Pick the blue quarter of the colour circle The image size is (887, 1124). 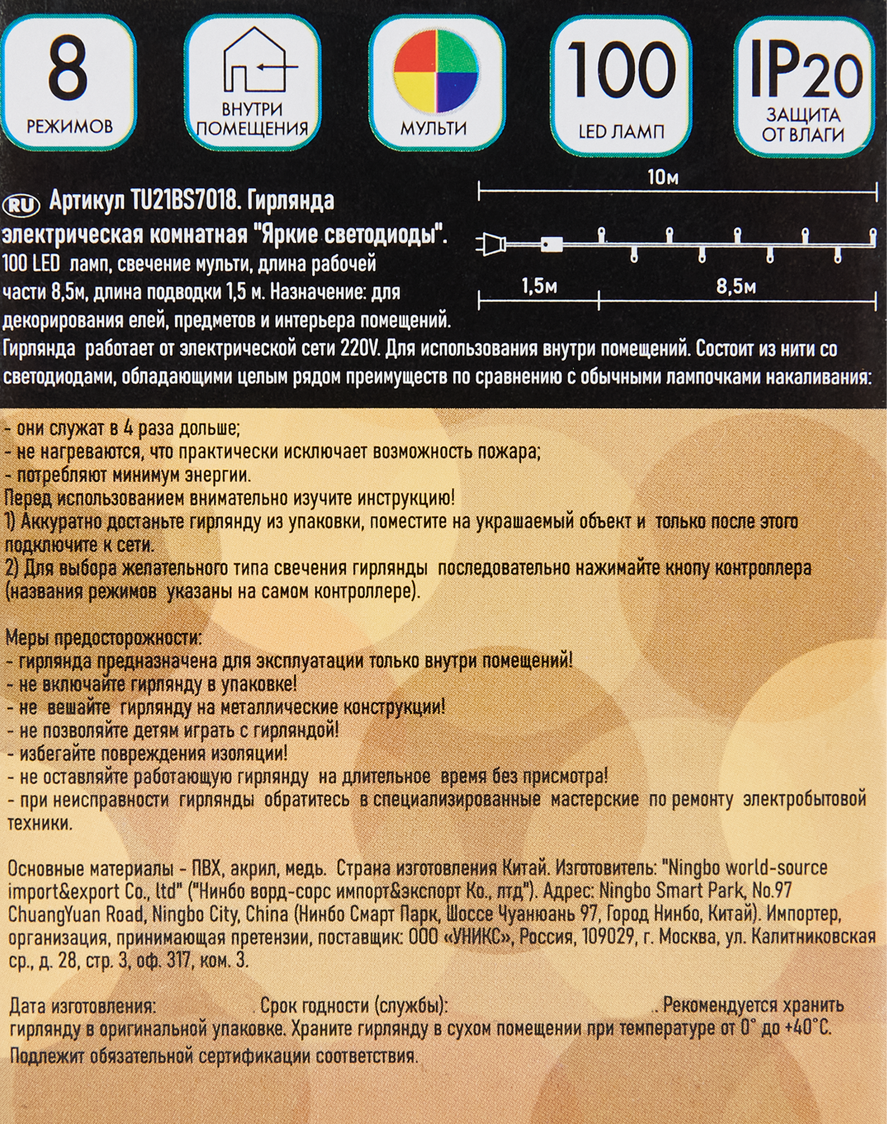click(457, 93)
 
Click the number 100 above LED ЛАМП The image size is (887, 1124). click(621, 70)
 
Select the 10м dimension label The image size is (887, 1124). click(662, 178)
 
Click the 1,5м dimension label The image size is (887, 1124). click(538, 287)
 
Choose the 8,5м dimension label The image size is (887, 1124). click(736, 287)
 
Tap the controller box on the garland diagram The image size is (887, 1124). click(551, 244)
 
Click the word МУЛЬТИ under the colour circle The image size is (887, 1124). click(433, 128)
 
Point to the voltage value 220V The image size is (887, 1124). click(361, 349)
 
